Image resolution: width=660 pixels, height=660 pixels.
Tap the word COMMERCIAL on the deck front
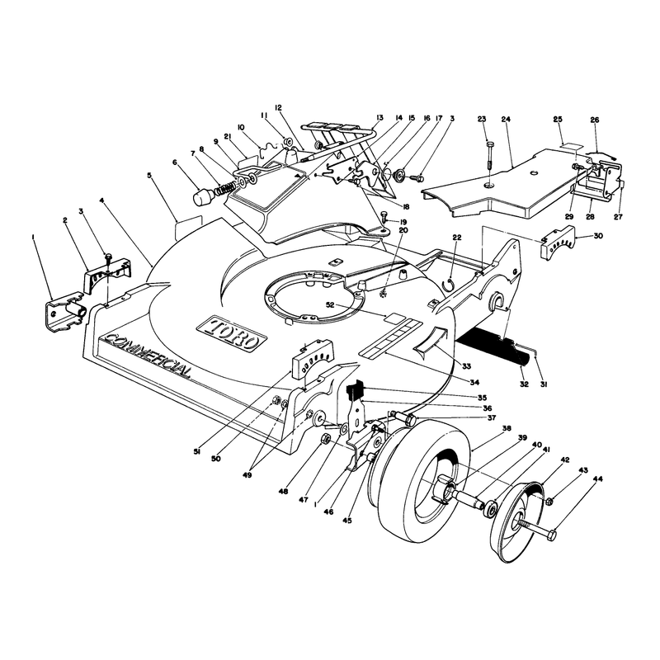point(146,356)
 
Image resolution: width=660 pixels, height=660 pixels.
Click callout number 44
point(597,478)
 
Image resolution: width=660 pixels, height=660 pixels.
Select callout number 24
point(506,120)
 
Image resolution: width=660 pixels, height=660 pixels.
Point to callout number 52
point(330,304)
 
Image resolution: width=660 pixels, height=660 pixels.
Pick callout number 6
point(175,162)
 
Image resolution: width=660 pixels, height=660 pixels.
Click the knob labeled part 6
point(203,196)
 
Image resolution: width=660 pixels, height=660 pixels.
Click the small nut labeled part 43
point(549,502)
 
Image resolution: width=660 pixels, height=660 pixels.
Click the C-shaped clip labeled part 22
point(450,284)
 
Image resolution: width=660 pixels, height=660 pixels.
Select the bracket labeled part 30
point(558,241)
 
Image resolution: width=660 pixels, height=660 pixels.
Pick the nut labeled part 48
point(325,439)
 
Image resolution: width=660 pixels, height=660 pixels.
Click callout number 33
point(466,366)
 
